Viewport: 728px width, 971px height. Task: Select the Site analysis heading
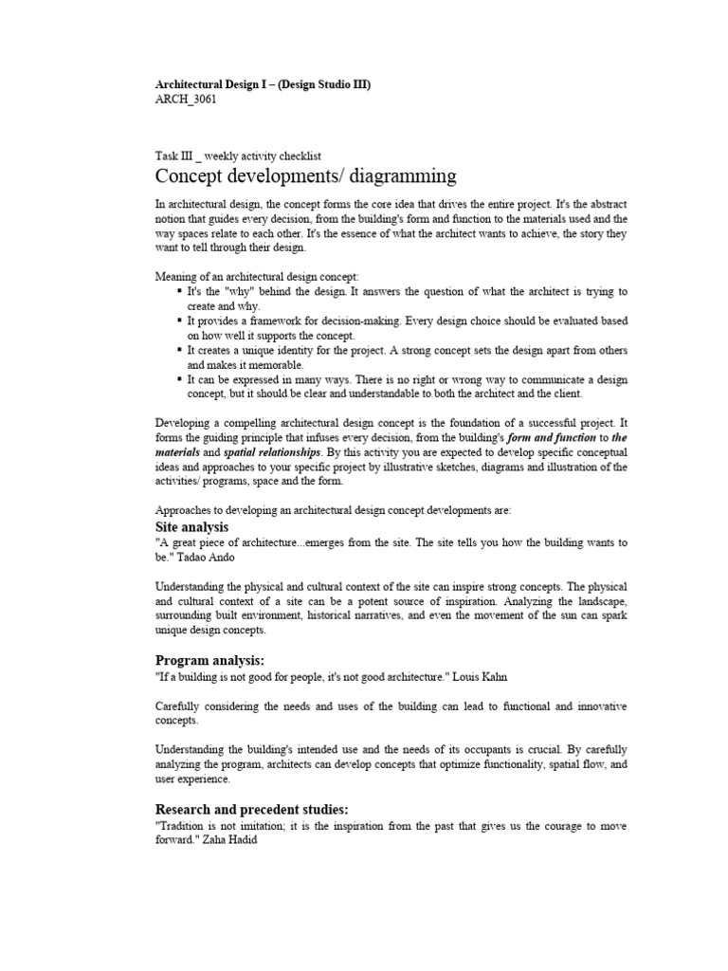click(191, 526)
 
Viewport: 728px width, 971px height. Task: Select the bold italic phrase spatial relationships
click(276, 452)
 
